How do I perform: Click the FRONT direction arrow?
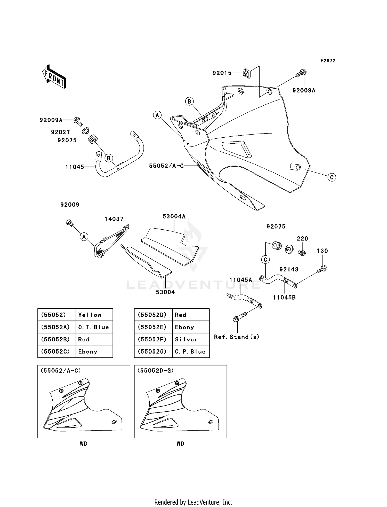click(54, 77)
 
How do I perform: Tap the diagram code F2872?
click(328, 61)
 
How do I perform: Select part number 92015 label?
click(222, 73)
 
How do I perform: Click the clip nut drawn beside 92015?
click(247, 74)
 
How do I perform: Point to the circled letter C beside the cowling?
click(332, 177)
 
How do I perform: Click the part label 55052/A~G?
click(166, 166)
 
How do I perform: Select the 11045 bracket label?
click(75, 167)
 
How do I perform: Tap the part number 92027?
click(60, 132)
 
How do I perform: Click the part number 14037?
click(114, 219)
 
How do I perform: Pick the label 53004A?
click(174, 216)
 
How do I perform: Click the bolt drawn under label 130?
click(322, 269)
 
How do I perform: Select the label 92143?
click(289, 269)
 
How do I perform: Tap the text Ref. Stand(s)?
click(236, 337)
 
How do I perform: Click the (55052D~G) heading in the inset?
click(155, 371)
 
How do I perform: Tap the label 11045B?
click(284, 297)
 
